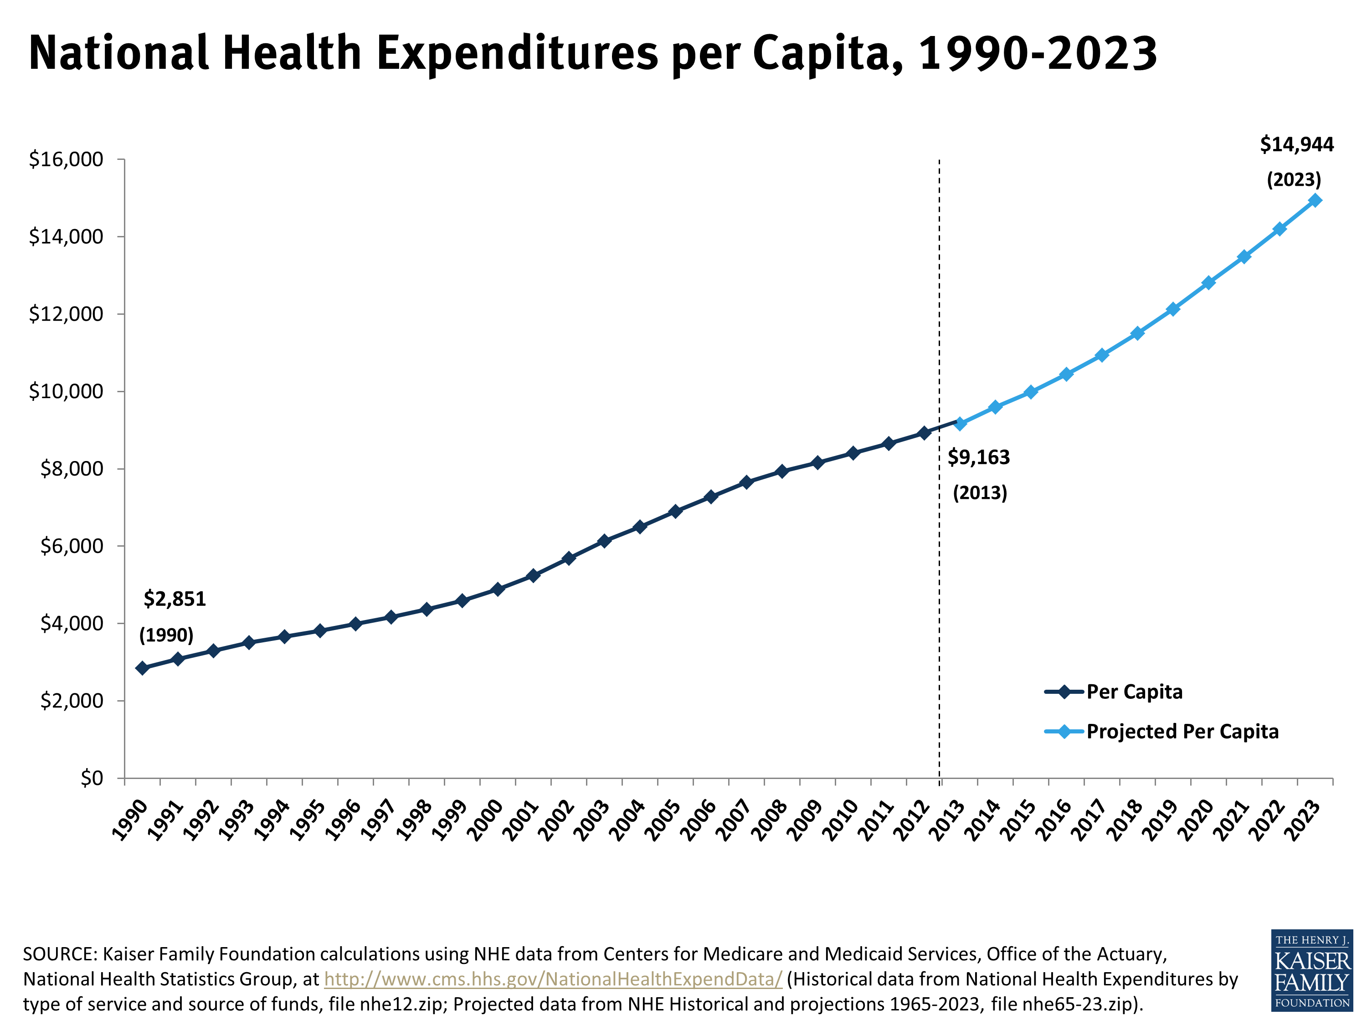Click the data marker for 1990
[142, 668]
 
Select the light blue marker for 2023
[1315, 200]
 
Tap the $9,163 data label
[978, 457]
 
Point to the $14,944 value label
[1296, 144]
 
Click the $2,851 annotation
[174, 599]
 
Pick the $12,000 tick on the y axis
[66, 314]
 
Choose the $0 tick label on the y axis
[92, 778]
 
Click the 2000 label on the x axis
[486, 820]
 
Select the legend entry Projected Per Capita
[1182, 732]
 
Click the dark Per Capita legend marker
[1064, 692]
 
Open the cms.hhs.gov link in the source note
[553, 979]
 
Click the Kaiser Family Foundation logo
[1311, 970]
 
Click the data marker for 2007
[746, 482]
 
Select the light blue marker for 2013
[960, 423]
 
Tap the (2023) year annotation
[1294, 180]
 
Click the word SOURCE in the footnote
[59, 954]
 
